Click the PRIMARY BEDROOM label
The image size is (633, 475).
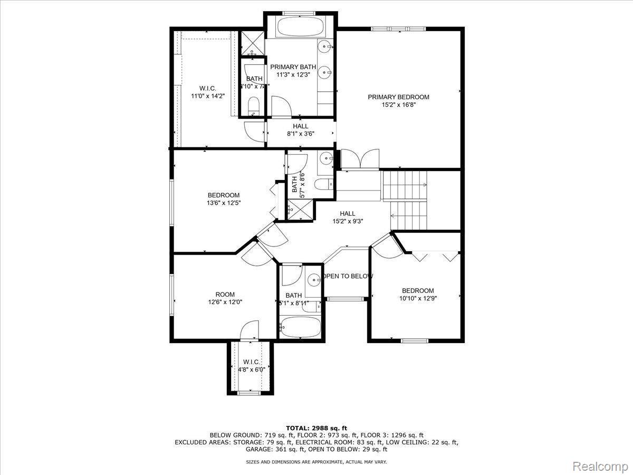point(398,97)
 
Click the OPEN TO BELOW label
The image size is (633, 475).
point(348,277)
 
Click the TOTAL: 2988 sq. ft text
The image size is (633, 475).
point(316,427)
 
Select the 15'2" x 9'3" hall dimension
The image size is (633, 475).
point(348,221)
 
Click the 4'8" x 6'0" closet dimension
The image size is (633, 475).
point(251,369)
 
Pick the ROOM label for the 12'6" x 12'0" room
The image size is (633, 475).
point(225,294)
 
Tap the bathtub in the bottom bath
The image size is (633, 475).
point(299,328)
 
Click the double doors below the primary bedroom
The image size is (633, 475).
point(360,159)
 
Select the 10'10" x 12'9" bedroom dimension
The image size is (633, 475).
point(418,298)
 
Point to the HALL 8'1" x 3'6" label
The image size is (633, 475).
point(301,130)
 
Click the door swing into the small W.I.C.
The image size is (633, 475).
point(248,331)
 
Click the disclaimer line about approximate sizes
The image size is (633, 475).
point(316,462)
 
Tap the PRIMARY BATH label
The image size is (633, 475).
point(293,67)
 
